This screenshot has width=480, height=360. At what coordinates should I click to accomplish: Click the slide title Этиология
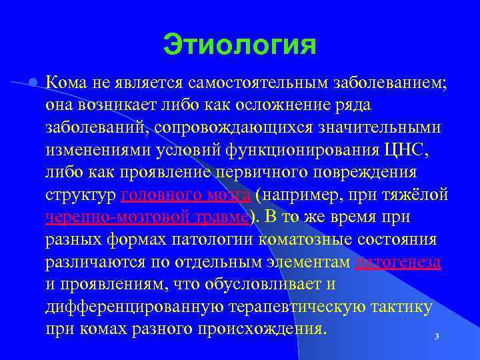click(239, 46)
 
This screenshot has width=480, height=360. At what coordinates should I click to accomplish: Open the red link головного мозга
click(186, 195)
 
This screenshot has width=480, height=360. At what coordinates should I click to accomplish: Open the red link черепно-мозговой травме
click(147, 217)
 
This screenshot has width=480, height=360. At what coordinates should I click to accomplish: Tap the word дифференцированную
click(127, 307)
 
